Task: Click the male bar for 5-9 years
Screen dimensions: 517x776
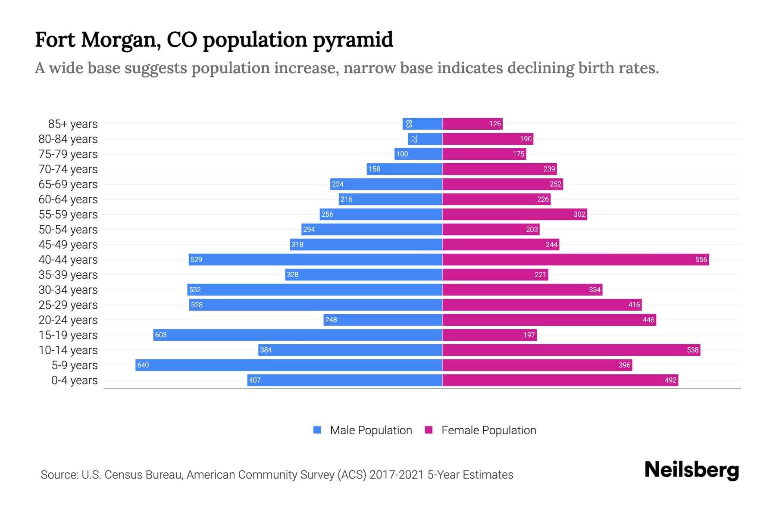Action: pos(289,365)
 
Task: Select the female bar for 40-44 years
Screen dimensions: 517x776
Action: pos(576,259)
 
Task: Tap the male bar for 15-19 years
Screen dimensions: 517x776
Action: pos(297,335)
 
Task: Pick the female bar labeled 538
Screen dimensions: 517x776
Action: pos(571,350)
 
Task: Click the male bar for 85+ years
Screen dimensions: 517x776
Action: pos(422,124)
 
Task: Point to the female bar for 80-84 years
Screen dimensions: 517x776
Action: pos(488,139)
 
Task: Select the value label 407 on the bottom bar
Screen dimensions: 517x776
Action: pos(255,380)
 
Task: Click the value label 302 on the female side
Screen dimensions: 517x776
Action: pos(579,214)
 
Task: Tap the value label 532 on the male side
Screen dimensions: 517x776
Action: pos(195,290)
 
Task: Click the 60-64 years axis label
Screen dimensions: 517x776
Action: pos(68,199)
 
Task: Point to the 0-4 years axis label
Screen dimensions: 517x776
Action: pos(74,380)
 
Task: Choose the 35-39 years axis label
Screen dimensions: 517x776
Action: pos(68,275)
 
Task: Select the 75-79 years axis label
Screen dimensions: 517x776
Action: pos(68,154)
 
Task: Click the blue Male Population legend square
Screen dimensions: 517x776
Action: pos(317,430)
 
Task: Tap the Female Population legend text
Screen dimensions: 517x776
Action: pos(488,430)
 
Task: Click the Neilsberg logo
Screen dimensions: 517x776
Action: pos(692,470)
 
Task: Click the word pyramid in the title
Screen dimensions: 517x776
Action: pos(353,40)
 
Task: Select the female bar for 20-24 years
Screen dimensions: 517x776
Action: pos(549,320)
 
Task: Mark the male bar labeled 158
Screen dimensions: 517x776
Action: pos(404,169)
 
